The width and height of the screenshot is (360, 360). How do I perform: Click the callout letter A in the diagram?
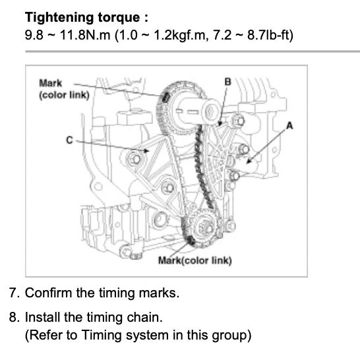[288, 125]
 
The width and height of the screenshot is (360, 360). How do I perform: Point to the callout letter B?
[227, 81]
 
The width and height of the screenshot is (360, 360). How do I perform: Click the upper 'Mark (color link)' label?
[60, 88]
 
